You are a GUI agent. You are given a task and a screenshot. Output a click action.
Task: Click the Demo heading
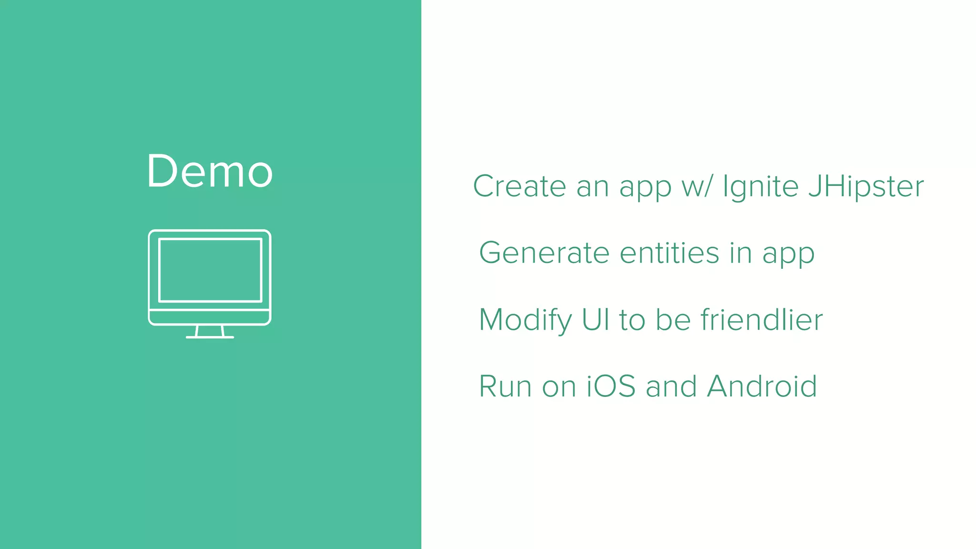210,171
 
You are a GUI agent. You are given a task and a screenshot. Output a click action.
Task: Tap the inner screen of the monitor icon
210,270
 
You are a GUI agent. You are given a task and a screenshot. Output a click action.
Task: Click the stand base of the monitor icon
210,337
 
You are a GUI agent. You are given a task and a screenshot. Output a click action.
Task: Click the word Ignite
761,187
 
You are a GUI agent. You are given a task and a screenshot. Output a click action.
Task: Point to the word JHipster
866,187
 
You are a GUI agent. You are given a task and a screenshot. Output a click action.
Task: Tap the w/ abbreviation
697,187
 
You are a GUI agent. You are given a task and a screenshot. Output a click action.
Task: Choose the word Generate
544,253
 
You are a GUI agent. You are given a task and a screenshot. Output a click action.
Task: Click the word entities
670,253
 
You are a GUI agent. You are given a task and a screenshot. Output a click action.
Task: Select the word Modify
525,320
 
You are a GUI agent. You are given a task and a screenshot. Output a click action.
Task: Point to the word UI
596,319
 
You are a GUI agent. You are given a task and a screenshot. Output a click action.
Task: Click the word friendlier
762,319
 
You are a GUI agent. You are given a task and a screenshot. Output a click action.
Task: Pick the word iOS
611,386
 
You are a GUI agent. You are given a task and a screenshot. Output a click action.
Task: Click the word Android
762,386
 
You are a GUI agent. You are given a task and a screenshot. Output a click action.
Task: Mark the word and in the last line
671,386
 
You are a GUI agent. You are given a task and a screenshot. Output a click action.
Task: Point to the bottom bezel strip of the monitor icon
210,317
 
